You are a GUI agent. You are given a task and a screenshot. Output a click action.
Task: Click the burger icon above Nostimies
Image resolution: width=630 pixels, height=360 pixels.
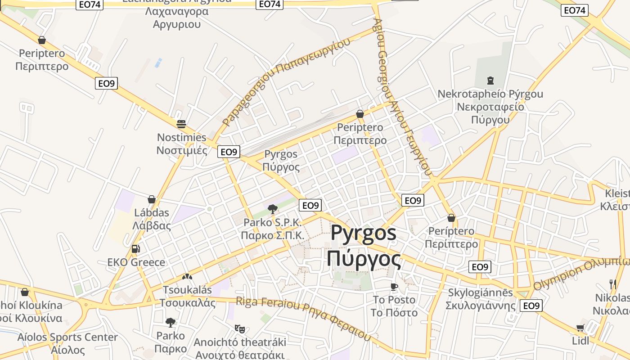[x=181, y=124]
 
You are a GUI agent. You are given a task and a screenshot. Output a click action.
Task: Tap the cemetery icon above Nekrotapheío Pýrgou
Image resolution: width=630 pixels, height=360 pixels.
[x=490, y=81]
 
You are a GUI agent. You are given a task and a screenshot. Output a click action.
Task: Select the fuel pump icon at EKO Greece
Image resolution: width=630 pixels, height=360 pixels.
[x=135, y=248]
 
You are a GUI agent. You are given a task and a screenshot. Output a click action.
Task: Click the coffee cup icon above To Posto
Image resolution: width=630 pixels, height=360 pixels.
[x=394, y=286]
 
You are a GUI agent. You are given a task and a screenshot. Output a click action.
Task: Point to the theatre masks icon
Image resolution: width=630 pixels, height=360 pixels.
[x=239, y=329]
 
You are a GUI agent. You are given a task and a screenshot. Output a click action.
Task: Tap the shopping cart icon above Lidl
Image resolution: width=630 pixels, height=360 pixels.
[x=580, y=328]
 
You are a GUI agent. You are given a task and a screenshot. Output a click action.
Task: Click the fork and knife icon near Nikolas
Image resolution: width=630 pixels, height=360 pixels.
[x=612, y=284]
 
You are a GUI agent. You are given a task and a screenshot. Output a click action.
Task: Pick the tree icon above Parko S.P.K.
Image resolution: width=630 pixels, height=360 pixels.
[x=272, y=208]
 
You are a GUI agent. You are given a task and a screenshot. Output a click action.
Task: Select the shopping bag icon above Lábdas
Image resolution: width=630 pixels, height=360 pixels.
[x=152, y=199]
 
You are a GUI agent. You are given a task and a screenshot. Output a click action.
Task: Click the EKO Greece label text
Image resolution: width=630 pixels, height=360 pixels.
[x=136, y=262]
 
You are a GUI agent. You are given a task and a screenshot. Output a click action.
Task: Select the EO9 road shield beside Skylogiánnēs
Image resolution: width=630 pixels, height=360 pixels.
[x=531, y=306]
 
